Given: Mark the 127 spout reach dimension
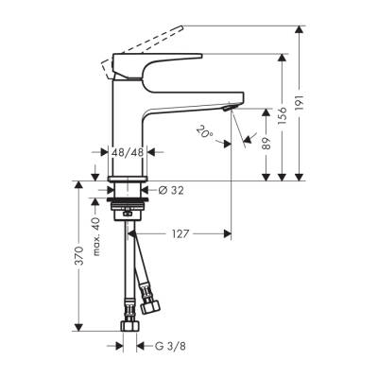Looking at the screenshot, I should click(x=178, y=232).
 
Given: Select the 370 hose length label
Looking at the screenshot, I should click(x=79, y=254).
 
